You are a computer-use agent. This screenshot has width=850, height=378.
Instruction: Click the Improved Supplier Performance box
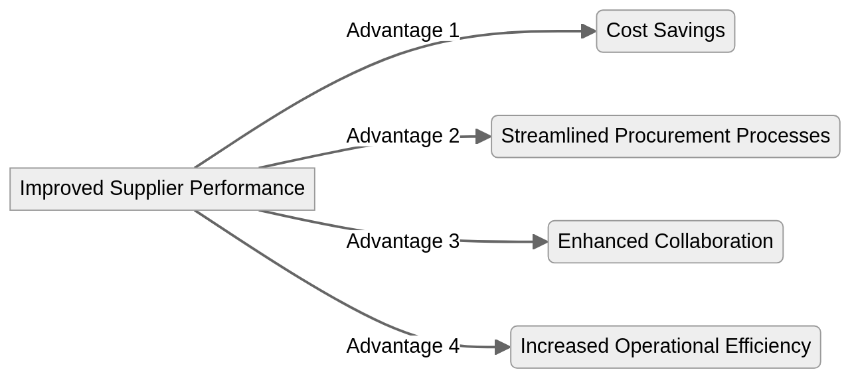click(x=162, y=189)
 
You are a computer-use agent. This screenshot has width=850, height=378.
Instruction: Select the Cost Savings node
click(x=665, y=31)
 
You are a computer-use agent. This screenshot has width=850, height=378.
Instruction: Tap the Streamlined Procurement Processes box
click(x=665, y=136)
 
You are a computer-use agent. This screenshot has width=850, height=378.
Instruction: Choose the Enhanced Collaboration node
click(x=665, y=241)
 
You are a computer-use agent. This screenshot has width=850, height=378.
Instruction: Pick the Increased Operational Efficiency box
click(x=665, y=347)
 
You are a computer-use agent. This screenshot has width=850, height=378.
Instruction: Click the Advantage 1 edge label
click(x=402, y=31)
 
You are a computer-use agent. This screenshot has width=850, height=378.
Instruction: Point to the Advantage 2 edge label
click(x=402, y=136)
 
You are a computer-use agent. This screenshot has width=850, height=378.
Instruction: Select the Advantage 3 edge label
click(x=402, y=241)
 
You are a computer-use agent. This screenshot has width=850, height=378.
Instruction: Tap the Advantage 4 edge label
click(x=402, y=346)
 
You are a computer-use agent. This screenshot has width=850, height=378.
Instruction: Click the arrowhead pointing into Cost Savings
click(x=588, y=31)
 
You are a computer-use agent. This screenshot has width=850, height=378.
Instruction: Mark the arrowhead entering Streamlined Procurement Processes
click(x=483, y=137)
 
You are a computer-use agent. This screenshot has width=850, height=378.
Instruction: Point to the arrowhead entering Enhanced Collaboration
click(x=540, y=242)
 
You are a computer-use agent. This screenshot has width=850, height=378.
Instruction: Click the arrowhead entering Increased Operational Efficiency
click(x=503, y=347)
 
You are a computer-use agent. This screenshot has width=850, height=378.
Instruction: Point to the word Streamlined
click(x=555, y=136)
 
